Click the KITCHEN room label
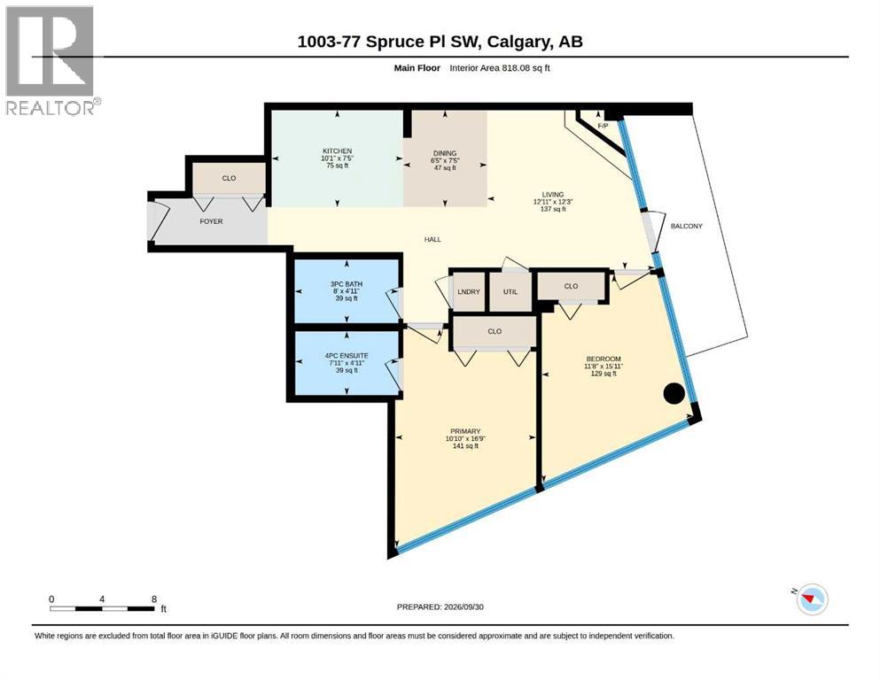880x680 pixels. coord(338,151)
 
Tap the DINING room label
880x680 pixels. coord(445,153)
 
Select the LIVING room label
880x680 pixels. coord(553,195)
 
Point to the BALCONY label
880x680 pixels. coord(687,226)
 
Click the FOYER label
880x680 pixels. coord(211,221)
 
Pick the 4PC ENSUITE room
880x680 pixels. coord(347,363)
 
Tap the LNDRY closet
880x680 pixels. coord(469,291)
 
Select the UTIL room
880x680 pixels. coord(510,291)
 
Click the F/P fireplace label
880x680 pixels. coord(603,126)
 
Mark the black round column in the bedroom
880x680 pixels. coord(674,393)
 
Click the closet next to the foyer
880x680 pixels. coord(229,178)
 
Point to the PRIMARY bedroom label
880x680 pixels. coord(465,431)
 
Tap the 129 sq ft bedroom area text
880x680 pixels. coord(604,374)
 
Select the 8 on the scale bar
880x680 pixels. coord(154,599)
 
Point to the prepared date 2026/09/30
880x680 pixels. coord(463,607)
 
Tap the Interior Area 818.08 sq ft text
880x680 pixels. coord(500,68)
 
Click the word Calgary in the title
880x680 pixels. coord(518,42)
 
